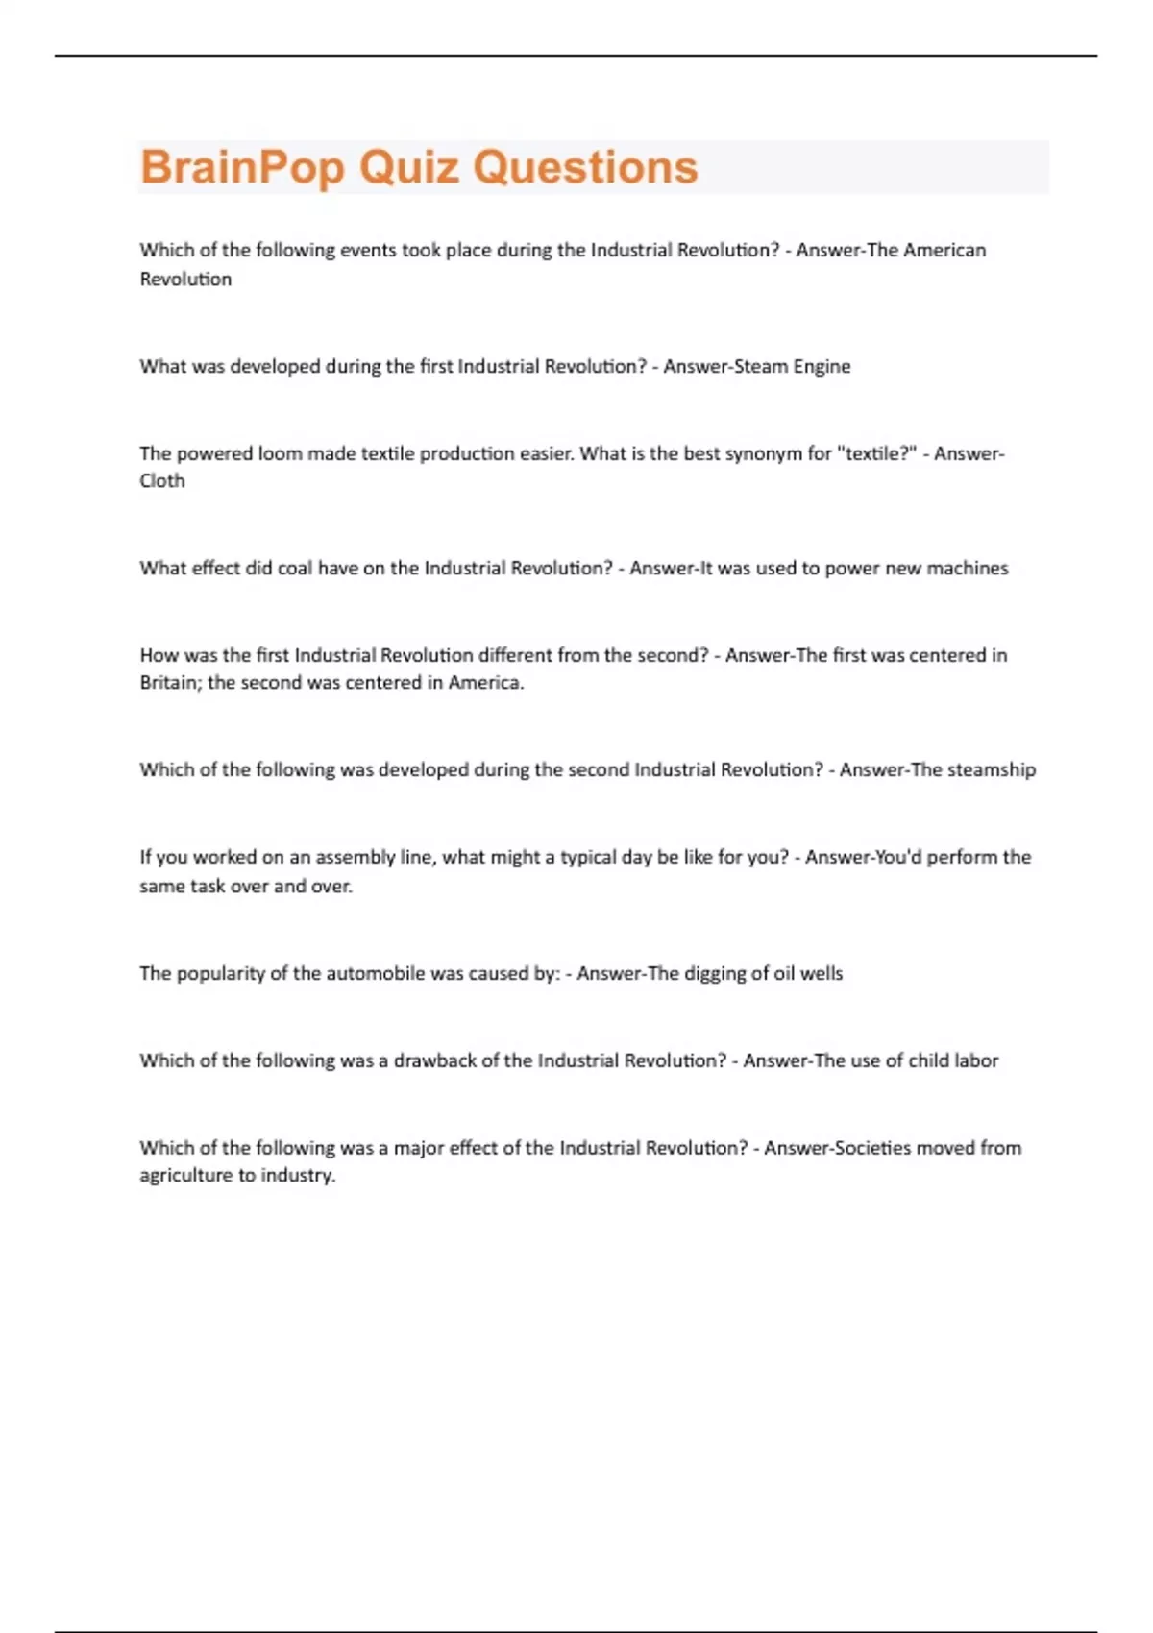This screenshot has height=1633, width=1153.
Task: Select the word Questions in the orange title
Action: (585, 167)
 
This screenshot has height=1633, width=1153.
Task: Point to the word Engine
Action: (822, 366)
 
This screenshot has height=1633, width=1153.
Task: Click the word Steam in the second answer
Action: (761, 366)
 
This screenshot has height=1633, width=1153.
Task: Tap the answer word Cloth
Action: (162, 481)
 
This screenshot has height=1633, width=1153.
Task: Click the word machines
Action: (968, 568)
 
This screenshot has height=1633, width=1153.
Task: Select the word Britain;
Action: (170, 683)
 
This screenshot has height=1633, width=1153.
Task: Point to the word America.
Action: (486, 683)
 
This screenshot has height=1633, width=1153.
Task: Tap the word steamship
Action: (992, 769)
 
